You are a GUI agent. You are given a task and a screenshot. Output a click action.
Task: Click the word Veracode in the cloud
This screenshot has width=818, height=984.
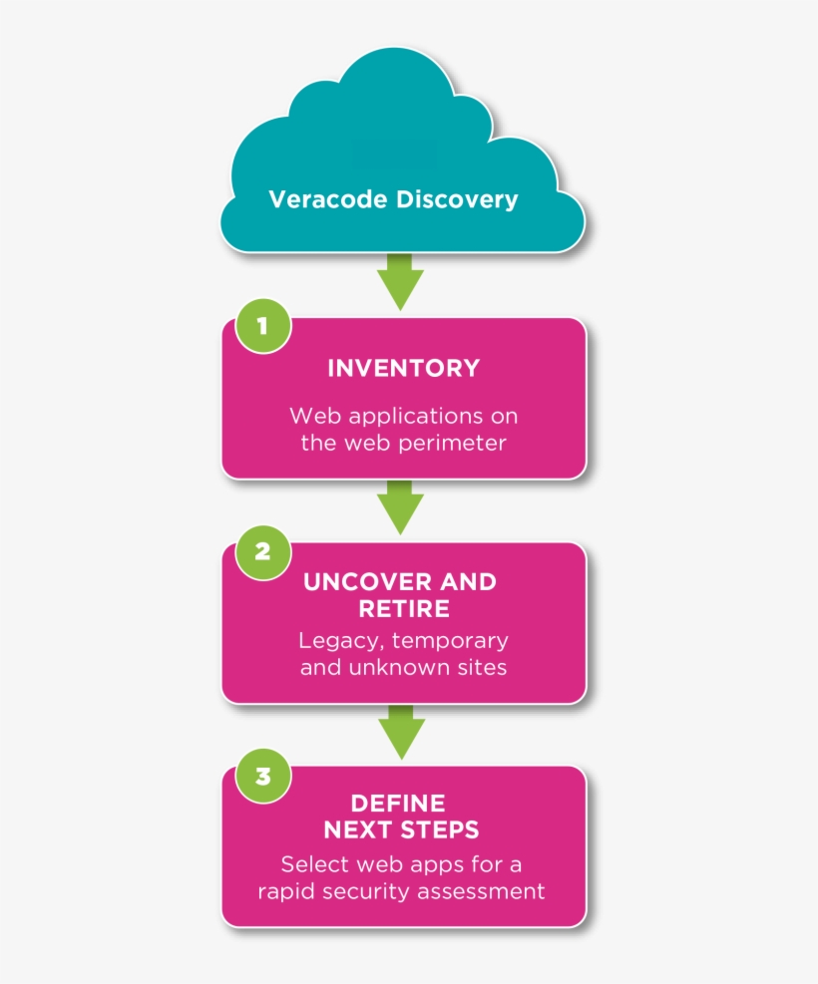click(328, 199)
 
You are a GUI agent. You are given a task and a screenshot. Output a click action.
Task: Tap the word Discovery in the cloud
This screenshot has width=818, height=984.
click(457, 200)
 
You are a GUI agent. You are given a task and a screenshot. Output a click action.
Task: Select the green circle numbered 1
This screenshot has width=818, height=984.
click(263, 326)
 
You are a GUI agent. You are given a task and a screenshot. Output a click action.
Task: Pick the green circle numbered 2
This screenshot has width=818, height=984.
click(263, 551)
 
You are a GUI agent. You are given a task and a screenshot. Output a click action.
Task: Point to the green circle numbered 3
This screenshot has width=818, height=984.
click(263, 776)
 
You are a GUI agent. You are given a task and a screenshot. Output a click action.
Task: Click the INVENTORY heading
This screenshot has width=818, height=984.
click(404, 368)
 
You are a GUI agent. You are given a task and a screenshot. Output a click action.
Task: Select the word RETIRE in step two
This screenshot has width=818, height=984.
click(404, 609)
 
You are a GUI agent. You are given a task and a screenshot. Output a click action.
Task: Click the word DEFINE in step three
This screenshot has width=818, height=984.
click(398, 804)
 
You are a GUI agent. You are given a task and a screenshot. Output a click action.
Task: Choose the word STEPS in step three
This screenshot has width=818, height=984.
click(440, 829)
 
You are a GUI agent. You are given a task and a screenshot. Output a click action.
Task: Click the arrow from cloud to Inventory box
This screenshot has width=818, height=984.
click(400, 282)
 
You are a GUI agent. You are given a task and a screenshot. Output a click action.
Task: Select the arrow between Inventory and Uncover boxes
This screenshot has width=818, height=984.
click(400, 507)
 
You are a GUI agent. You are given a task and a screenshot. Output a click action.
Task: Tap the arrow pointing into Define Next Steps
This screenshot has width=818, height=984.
click(401, 732)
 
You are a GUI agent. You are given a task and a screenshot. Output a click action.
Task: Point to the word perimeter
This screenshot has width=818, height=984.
click(452, 444)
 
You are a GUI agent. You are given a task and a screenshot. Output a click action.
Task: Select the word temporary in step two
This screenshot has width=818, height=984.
click(450, 641)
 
